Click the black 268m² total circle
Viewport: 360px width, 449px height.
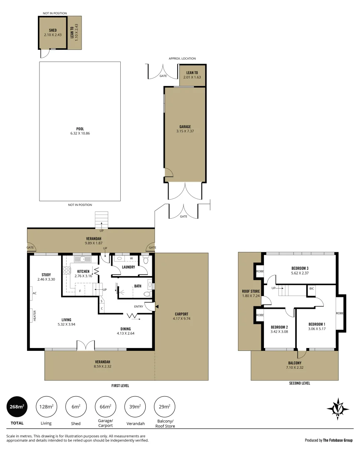point(17,407)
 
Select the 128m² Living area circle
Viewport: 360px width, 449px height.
point(47,407)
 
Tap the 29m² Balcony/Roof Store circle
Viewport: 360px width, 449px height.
point(164,407)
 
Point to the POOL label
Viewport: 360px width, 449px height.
point(80,129)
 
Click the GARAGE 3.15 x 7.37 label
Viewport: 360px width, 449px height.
point(185,129)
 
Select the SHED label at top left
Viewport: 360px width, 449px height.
point(52,30)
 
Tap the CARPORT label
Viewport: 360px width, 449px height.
point(181,314)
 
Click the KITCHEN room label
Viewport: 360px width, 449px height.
point(83,271)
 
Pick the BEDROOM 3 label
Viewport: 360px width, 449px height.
point(300,268)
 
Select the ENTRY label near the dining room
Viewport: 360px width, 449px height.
point(139,307)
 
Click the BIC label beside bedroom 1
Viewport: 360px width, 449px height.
point(311,288)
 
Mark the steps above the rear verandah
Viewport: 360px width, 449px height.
point(102,219)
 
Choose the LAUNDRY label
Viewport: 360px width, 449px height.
point(129,267)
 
